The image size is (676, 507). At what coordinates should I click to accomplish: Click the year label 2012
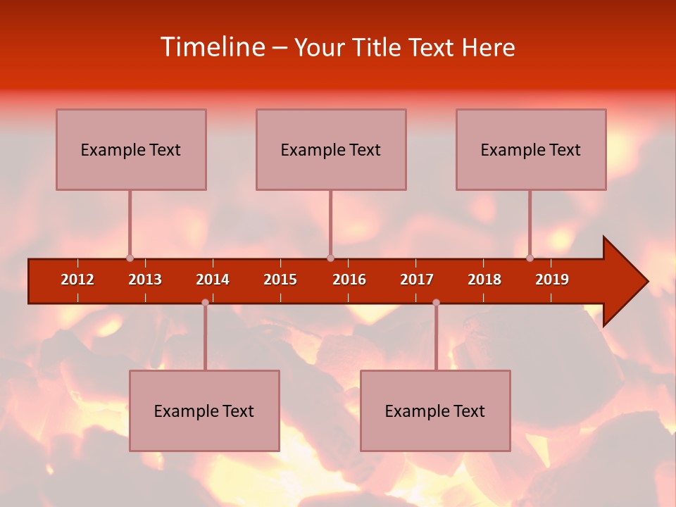(x=77, y=280)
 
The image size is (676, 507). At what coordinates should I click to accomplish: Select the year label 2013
(x=145, y=280)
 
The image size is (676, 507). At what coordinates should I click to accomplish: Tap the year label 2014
(x=213, y=280)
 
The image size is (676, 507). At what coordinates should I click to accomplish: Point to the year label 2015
(x=280, y=280)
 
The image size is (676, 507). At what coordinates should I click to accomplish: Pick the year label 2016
(x=349, y=280)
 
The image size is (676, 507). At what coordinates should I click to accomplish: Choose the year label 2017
(x=417, y=280)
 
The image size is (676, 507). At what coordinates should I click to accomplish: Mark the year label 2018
(x=484, y=280)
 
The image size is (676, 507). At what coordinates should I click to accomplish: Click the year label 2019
(x=552, y=280)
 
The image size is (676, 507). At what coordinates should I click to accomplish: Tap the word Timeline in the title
(x=211, y=47)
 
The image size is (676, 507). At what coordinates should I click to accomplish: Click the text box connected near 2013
(x=131, y=149)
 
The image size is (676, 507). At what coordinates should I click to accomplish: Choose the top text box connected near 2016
(x=331, y=149)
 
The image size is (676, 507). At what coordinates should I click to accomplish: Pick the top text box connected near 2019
(x=531, y=149)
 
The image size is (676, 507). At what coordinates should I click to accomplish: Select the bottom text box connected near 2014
(x=204, y=411)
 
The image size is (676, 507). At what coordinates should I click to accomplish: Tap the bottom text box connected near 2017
(x=435, y=411)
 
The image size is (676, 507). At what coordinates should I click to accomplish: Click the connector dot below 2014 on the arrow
(x=205, y=302)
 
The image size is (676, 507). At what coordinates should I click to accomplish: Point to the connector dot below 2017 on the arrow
(x=436, y=302)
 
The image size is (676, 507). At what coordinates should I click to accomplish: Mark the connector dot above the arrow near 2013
(x=130, y=258)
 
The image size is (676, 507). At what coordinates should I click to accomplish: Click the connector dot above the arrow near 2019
(x=530, y=258)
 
